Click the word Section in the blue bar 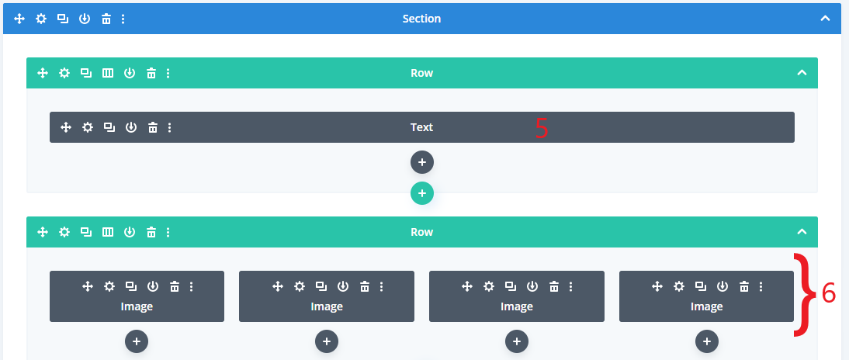click(421, 19)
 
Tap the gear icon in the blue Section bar click(41, 19)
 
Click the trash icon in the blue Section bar click(106, 19)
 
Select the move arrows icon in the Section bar click(19, 19)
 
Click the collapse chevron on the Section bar click(825, 19)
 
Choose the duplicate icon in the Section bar click(63, 19)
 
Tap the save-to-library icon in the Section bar click(85, 19)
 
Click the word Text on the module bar click(421, 127)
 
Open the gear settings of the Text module click(88, 127)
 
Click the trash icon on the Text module click(153, 127)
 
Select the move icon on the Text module click(66, 127)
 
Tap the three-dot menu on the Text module click(169, 127)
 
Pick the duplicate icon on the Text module click(109, 127)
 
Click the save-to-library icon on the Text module click(131, 127)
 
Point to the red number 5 click(542, 128)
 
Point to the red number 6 click(829, 292)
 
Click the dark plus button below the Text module click(422, 162)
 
